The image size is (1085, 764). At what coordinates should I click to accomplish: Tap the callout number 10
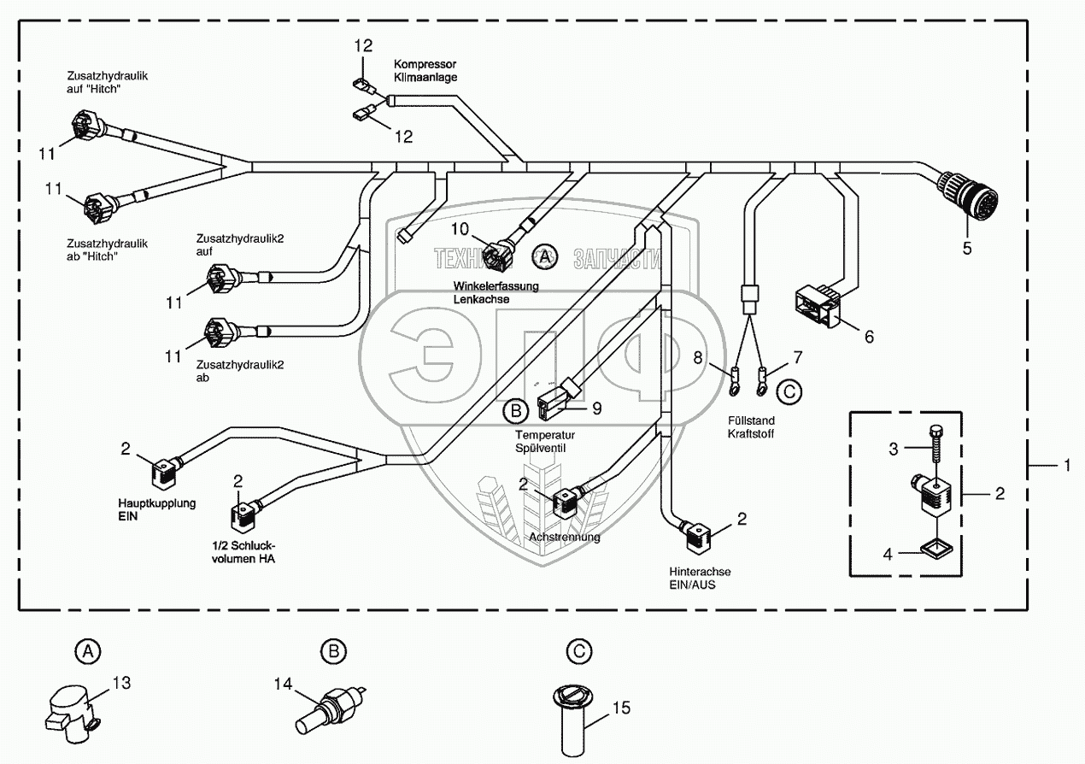pyautogui.click(x=460, y=229)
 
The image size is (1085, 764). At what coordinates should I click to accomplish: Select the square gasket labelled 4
pyautogui.click(x=935, y=550)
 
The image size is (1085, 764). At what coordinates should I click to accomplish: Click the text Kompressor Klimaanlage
pyautogui.click(x=425, y=71)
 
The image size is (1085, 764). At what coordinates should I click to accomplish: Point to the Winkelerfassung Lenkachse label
pyautogui.click(x=496, y=292)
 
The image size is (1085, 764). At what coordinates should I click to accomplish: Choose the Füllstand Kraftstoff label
pyautogui.click(x=751, y=426)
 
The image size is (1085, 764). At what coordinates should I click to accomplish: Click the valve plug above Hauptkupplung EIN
pyautogui.click(x=166, y=474)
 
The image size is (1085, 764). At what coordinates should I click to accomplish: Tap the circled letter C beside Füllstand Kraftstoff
pyautogui.click(x=789, y=391)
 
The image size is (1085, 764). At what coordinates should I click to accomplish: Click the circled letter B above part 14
pyautogui.click(x=334, y=651)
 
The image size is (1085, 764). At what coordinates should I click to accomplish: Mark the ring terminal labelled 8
pyautogui.click(x=735, y=383)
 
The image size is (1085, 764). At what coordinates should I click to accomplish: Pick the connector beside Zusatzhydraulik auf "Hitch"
pyautogui.click(x=89, y=125)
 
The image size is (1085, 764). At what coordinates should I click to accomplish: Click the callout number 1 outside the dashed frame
pyautogui.click(x=1067, y=465)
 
